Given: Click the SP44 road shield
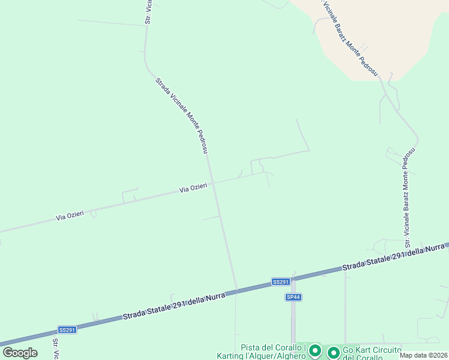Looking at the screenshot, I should coord(292,297).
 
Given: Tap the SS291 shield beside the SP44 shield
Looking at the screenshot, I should coord(281,281).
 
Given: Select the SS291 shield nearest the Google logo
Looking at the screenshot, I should coord(67,329).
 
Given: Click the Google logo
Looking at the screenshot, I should coord(20,353).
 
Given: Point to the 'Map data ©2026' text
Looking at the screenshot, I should coord(424,355).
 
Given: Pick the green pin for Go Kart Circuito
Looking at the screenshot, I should coord(333,352).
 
